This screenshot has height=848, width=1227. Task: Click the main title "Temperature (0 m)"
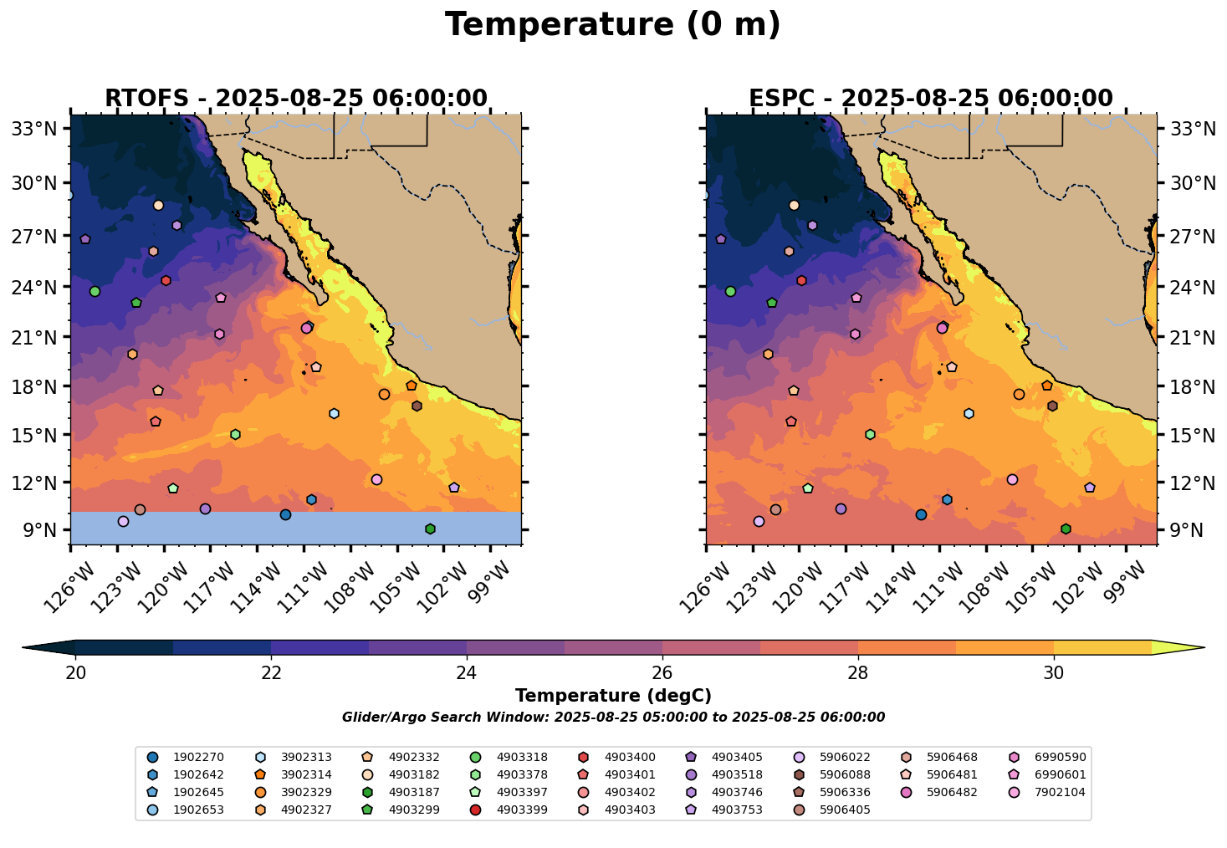tap(612, 25)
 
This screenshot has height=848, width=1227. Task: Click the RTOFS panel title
tap(295, 99)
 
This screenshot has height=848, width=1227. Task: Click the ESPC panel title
tap(930, 99)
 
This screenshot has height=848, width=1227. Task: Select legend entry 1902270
tap(198, 758)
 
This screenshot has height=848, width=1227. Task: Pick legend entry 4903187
tap(414, 793)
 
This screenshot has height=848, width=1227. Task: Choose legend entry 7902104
tap(1060, 793)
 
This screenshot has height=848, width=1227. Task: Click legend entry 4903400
tap(630, 758)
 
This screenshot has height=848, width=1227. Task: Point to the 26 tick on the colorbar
tap(662, 673)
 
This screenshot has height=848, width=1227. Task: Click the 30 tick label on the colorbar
tap(1054, 673)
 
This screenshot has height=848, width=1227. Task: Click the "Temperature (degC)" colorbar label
tap(613, 696)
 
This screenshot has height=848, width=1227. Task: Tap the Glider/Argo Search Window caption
tap(613, 718)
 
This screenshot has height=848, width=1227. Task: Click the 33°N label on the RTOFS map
tap(38, 129)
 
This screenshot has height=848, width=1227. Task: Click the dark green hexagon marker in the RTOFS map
tap(430, 529)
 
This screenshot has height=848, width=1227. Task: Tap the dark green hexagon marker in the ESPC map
tap(1066, 529)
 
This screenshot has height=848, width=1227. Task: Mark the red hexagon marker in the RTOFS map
tap(166, 280)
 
